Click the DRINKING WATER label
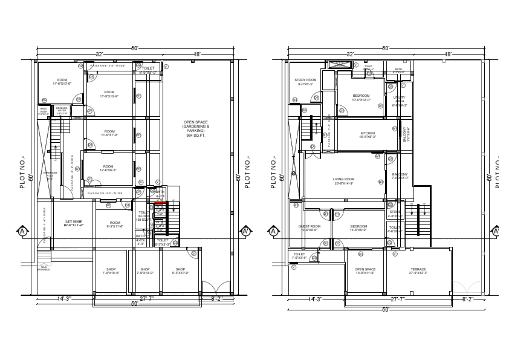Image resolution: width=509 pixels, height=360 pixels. [x=62, y=110]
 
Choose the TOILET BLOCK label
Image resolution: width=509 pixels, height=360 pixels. [x=144, y=215]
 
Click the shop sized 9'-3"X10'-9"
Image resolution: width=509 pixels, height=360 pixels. [x=180, y=270]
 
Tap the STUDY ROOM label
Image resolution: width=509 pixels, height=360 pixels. [x=305, y=80]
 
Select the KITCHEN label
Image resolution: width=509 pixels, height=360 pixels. [x=368, y=133]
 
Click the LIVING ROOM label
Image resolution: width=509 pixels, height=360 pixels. [x=343, y=179]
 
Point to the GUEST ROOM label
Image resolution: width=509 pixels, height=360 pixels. [x=310, y=226]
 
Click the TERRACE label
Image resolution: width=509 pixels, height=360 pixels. [x=418, y=269]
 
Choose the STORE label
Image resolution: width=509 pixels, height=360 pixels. [x=395, y=212]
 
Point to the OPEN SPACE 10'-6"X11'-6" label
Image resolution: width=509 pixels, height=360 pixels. [x=365, y=269]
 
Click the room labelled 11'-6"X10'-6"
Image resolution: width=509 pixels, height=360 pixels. [x=62, y=80]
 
